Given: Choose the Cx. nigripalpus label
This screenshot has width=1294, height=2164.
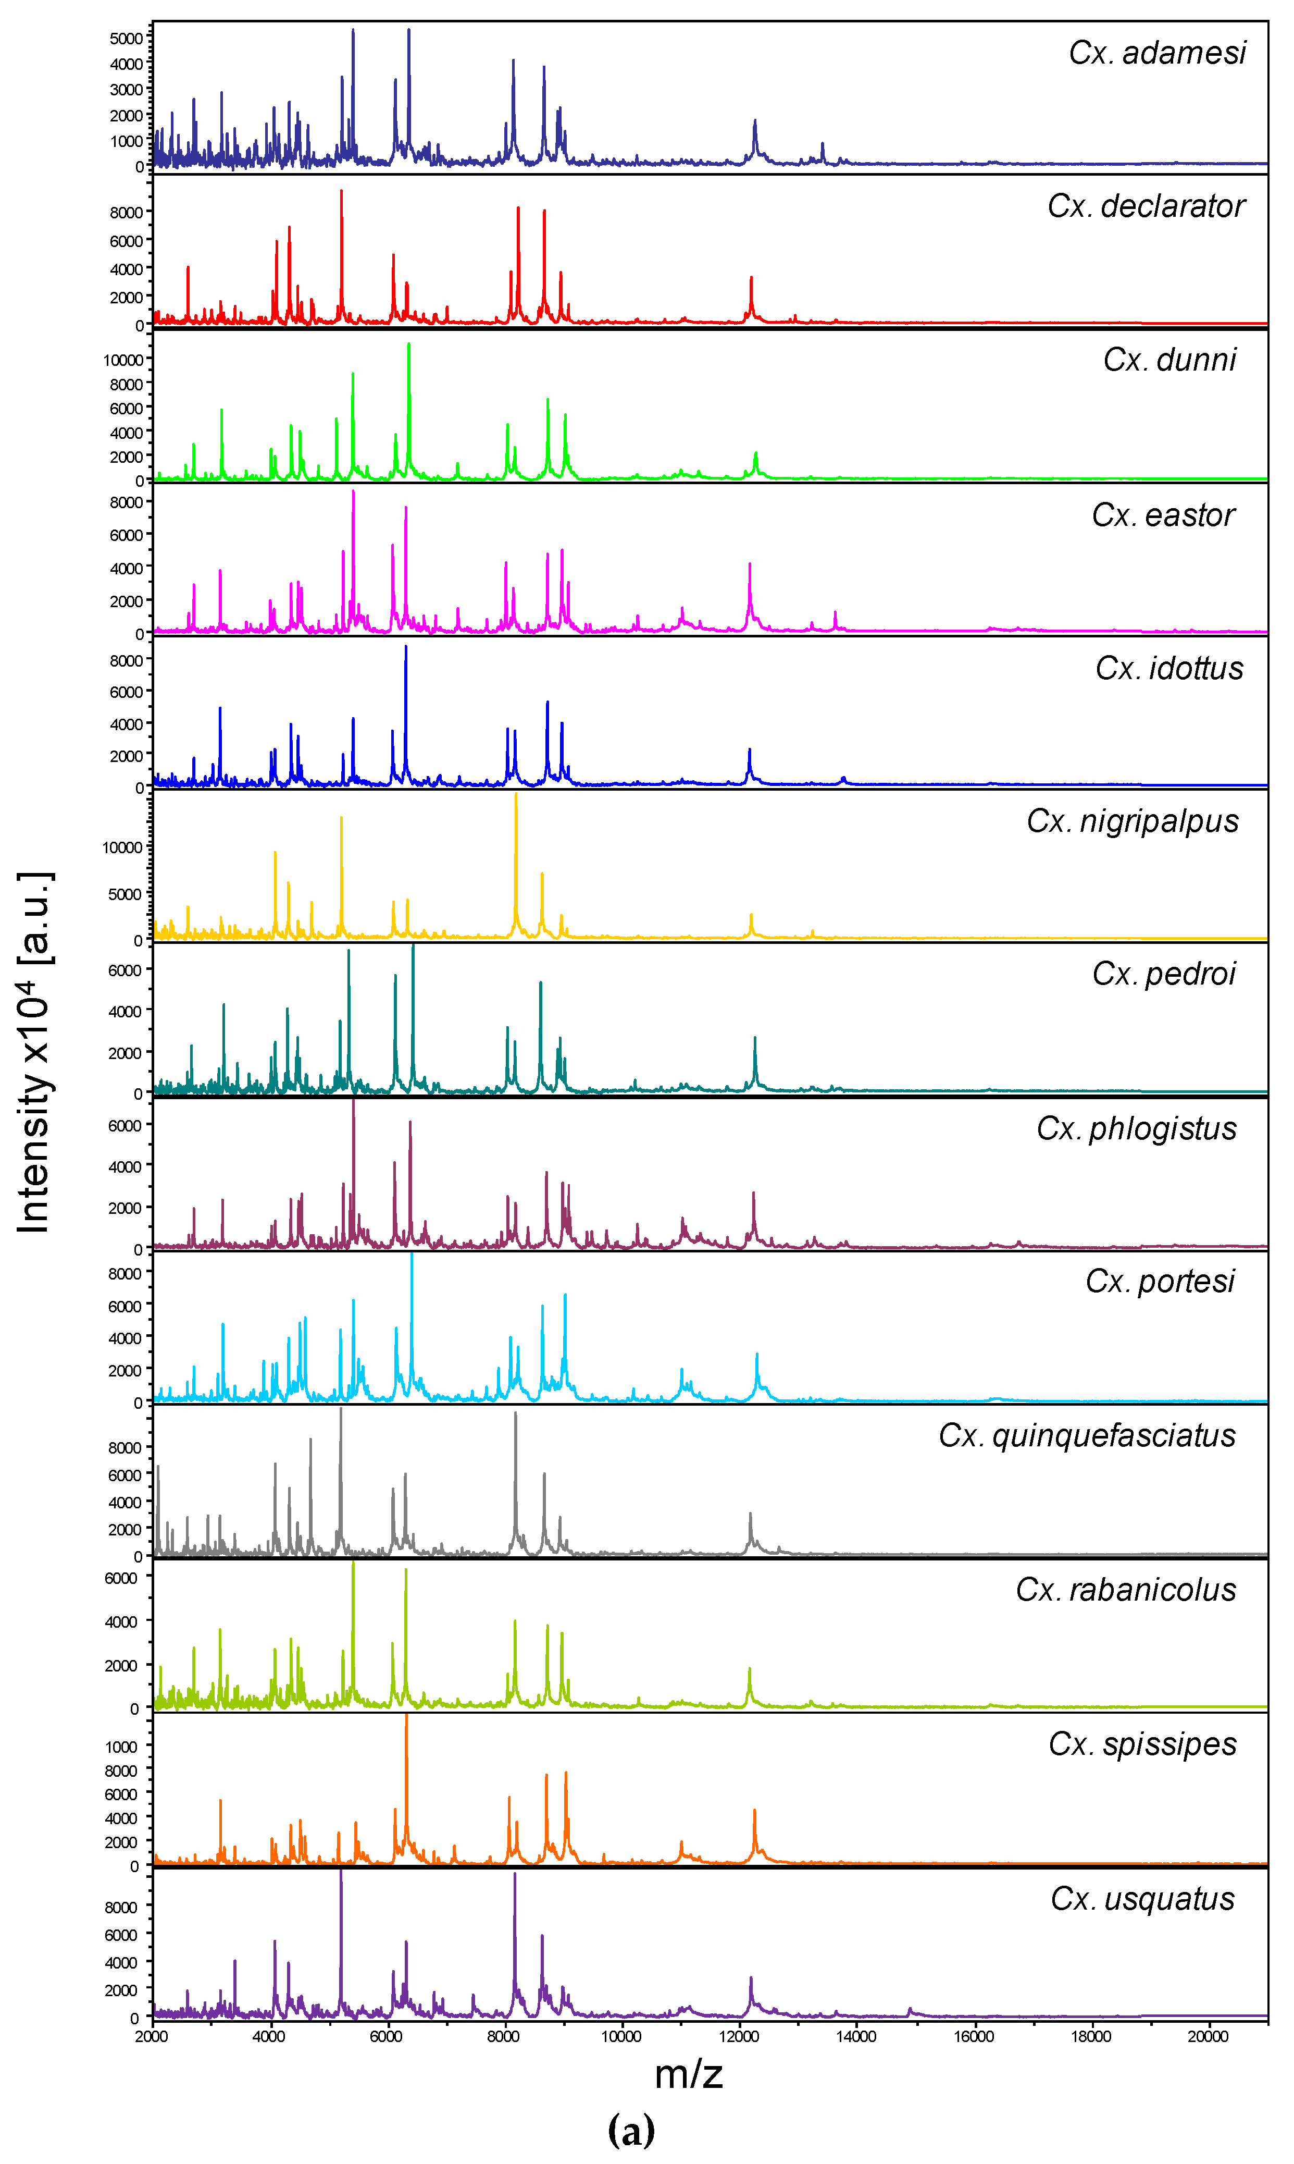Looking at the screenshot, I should click(x=1132, y=821).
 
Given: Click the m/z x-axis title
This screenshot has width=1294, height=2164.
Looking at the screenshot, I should click(x=688, y=2073).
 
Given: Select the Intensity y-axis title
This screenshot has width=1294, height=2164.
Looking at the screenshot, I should click(x=35, y=1051).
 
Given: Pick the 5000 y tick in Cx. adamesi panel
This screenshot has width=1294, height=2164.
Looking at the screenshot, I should click(x=127, y=39).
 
